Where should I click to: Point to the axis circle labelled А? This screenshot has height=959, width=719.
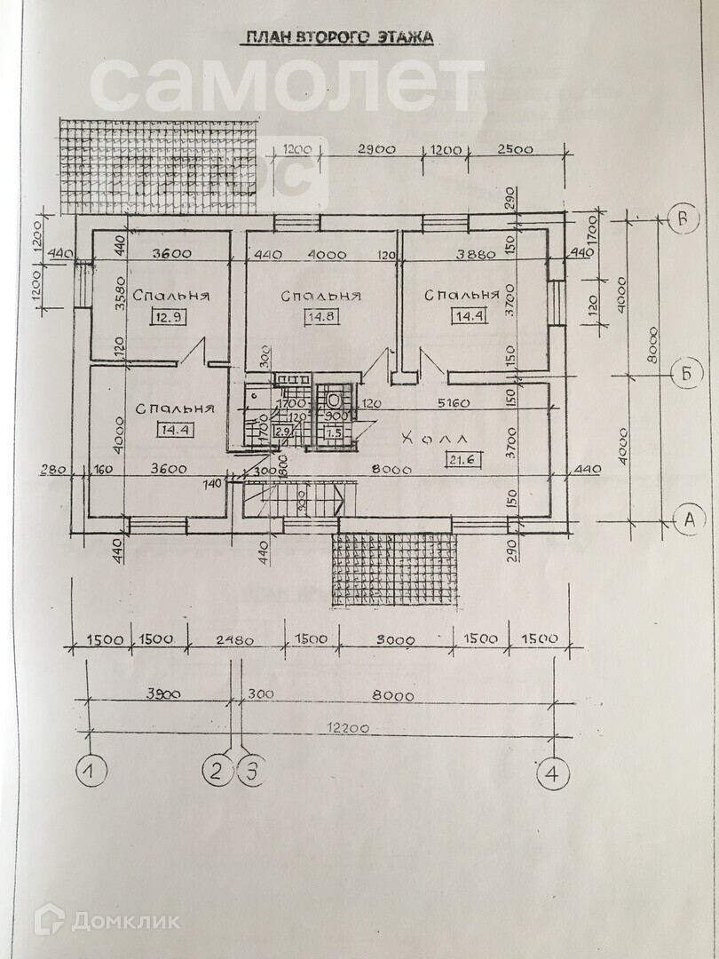point(685,519)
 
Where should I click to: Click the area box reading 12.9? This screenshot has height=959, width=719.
point(168,318)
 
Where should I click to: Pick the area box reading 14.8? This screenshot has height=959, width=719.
point(318,318)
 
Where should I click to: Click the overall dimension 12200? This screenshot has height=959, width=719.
point(346,727)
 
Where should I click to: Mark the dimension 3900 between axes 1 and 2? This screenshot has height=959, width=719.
point(161,694)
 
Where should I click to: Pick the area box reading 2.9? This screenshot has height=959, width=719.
point(283,432)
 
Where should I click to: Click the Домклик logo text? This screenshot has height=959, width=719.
point(124,921)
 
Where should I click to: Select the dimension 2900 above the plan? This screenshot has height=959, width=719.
point(376,150)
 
